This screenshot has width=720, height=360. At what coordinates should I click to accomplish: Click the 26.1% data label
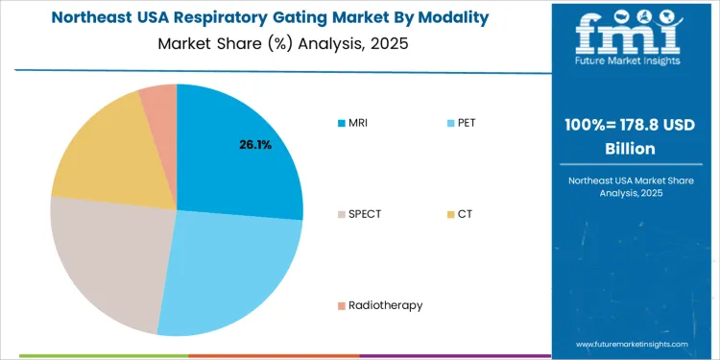(255, 145)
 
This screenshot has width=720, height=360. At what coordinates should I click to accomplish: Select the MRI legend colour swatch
(341, 122)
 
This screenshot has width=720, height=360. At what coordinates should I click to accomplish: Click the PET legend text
(468, 122)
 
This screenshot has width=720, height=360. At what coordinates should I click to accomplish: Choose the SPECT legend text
(365, 213)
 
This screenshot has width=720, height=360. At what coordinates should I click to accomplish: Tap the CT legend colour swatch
(451, 213)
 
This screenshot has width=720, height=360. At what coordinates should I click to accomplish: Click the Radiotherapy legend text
(385, 304)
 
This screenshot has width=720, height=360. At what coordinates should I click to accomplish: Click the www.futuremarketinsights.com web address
(633, 343)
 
